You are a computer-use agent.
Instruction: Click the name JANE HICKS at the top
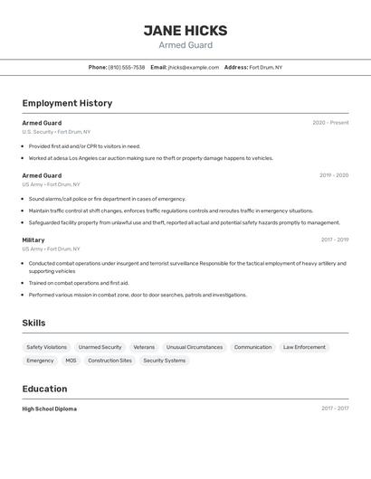(185, 30)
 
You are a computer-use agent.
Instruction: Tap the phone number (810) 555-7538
(127, 67)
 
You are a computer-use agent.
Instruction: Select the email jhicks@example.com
(193, 67)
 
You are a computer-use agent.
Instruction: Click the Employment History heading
(67, 103)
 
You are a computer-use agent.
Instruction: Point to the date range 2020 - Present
(330, 123)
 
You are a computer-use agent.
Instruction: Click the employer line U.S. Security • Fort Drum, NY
(56, 132)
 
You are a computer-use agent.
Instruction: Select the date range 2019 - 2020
(333, 175)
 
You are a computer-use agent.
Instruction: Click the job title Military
(33, 239)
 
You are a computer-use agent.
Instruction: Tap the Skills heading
(33, 323)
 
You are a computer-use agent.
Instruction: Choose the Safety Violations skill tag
(46, 347)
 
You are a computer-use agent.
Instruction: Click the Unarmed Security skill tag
(100, 347)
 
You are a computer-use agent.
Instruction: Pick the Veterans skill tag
(144, 347)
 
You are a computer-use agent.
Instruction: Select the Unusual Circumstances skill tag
(194, 347)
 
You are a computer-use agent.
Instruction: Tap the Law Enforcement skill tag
(304, 347)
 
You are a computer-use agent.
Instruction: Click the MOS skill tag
(71, 361)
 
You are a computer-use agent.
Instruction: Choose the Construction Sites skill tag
(109, 361)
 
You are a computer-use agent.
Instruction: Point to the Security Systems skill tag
(164, 361)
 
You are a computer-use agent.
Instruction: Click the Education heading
(44, 389)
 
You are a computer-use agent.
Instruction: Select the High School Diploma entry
(49, 409)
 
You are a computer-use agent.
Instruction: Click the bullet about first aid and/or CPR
(84, 146)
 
